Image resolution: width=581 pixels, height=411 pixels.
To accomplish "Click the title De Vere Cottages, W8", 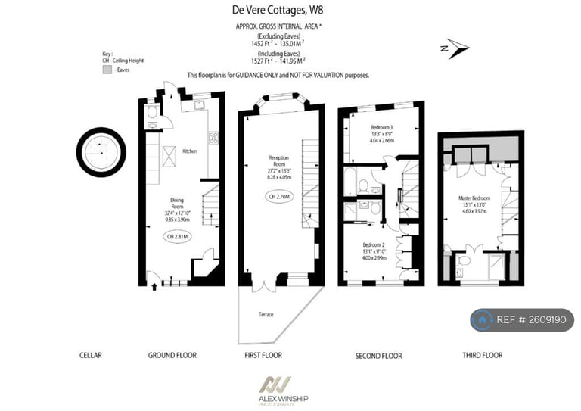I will click(x=271, y=10).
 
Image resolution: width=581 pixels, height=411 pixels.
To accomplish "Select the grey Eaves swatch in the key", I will click(x=107, y=69).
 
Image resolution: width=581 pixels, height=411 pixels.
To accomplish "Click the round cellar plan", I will click(x=101, y=152).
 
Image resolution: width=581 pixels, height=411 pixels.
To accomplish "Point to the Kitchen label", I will click(x=190, y=151).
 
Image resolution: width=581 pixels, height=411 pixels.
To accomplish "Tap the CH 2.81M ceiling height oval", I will click(x=178, y=236).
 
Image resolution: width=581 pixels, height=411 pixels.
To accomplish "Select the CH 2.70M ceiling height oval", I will click(x=280, y=197).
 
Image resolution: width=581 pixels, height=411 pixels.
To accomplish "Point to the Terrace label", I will click(x=265, y=314).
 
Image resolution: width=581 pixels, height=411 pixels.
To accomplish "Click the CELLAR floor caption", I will click(x=90, y=355).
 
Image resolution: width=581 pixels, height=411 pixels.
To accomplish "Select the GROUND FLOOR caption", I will click(x=172, y=355).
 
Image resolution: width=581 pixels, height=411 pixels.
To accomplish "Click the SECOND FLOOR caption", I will click(x=378, y=356).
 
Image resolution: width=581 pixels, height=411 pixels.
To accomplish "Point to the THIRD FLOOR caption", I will click(x=482, y=355).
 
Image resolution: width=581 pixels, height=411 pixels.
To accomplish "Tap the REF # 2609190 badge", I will click(x=522, y=320).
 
